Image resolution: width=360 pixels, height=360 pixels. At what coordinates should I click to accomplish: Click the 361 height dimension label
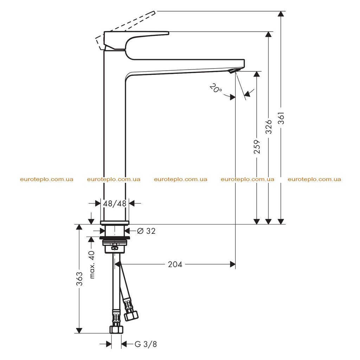click(x=281, y=118)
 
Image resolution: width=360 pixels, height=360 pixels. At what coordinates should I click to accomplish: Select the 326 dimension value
click(x=268, y=127)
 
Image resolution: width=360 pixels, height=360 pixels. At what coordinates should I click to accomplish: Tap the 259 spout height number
click(x=257, y=147)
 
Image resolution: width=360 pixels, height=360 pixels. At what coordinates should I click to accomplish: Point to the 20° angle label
click(x=216, y=88)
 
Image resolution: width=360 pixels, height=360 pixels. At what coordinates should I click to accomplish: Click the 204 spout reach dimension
click(x=175, y=264)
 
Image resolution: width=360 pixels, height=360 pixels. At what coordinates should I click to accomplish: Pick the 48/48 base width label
click(x=115, y=204)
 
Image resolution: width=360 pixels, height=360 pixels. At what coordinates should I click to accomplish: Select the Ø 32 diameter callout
click(x=146, y=231)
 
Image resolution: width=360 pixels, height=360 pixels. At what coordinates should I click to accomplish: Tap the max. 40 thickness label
click(x=92, y=265)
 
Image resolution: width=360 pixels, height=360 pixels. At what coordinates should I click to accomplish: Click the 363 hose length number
click(x=79, y=279)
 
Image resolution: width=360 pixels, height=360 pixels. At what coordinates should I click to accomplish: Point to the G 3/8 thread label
click(x=146, y=344)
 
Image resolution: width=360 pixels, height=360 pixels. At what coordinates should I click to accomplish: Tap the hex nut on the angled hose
click(x=131, y=315)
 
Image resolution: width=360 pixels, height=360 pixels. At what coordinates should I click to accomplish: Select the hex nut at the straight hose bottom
click(x=116, y=329)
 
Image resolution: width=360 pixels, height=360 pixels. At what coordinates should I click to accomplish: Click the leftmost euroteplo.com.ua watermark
click(x=47, y=179)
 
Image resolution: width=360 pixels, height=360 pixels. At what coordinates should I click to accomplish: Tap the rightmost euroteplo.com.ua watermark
click(x=314, y=179)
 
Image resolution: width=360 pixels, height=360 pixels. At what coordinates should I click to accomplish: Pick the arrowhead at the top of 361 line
click(x=281, y=14)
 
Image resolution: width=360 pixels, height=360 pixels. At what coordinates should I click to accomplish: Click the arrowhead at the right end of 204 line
click(x=233, y=264)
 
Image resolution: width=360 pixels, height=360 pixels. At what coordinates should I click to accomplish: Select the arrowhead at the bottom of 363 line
click(x=79, y=330)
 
